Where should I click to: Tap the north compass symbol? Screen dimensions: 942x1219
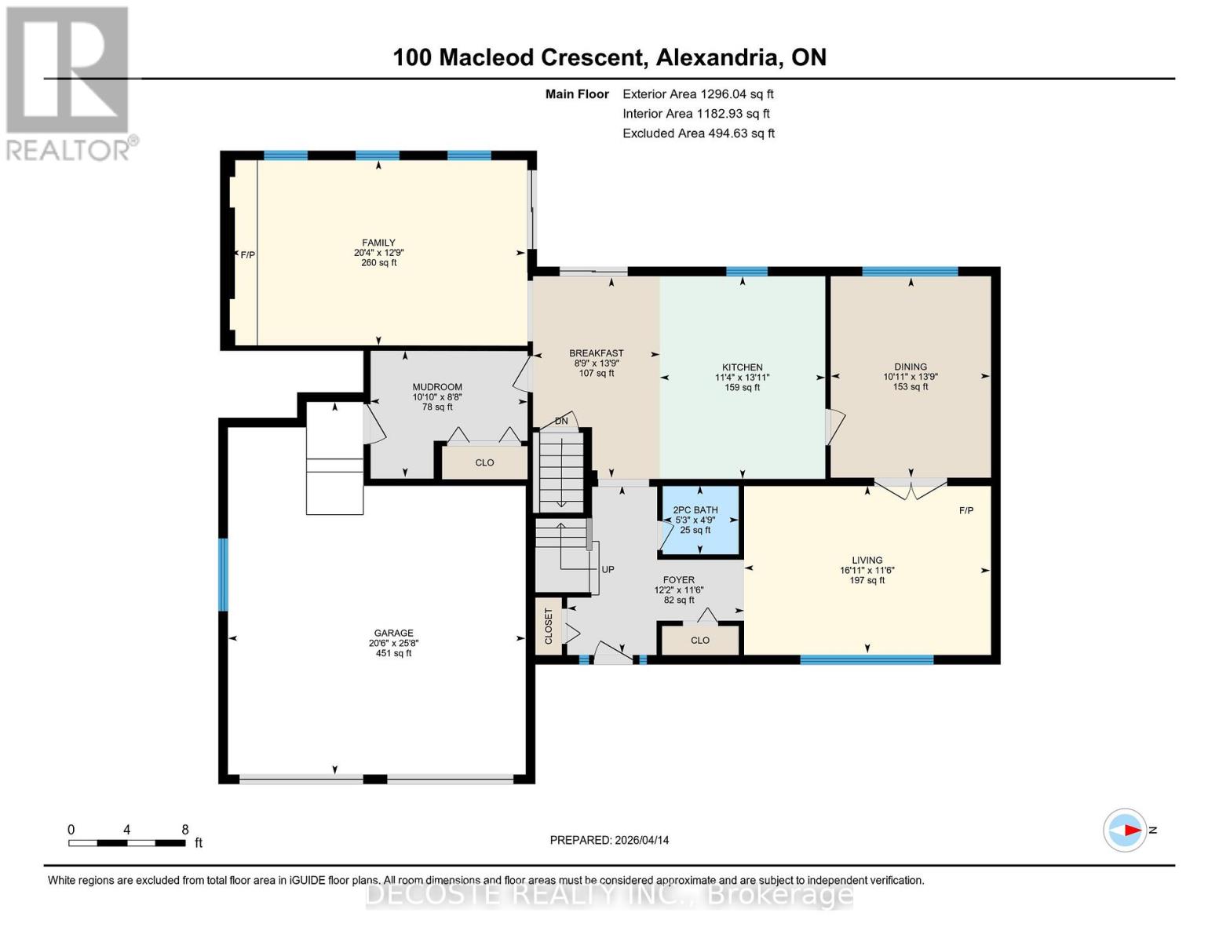pos(1125,830)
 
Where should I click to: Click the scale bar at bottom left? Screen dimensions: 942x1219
pos(127,842)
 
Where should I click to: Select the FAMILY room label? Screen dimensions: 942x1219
pos(378,243)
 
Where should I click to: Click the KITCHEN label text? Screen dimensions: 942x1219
pos(742,367)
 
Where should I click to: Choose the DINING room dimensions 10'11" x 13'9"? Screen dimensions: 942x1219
pos(910,377)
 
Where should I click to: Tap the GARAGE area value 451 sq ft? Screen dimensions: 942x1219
pos(393,653)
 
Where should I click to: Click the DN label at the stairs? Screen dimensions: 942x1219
pos(561,422)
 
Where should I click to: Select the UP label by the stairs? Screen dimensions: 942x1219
pos(608,570)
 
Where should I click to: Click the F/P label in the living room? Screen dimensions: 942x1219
pos(966,511)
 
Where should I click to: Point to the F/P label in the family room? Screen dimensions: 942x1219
pos(248,255)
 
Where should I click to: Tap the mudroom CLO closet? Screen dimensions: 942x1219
pos(484,462)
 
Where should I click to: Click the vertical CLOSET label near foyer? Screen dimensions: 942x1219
pos(549,626)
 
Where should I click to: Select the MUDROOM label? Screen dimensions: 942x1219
pos(437,387)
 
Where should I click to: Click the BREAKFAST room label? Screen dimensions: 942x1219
pos(597,353)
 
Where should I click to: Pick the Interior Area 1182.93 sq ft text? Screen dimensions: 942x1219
pos(695,114)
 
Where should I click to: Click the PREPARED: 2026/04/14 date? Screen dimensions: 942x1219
pos(609,840)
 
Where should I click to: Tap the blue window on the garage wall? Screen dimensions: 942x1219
pos(223,575)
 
